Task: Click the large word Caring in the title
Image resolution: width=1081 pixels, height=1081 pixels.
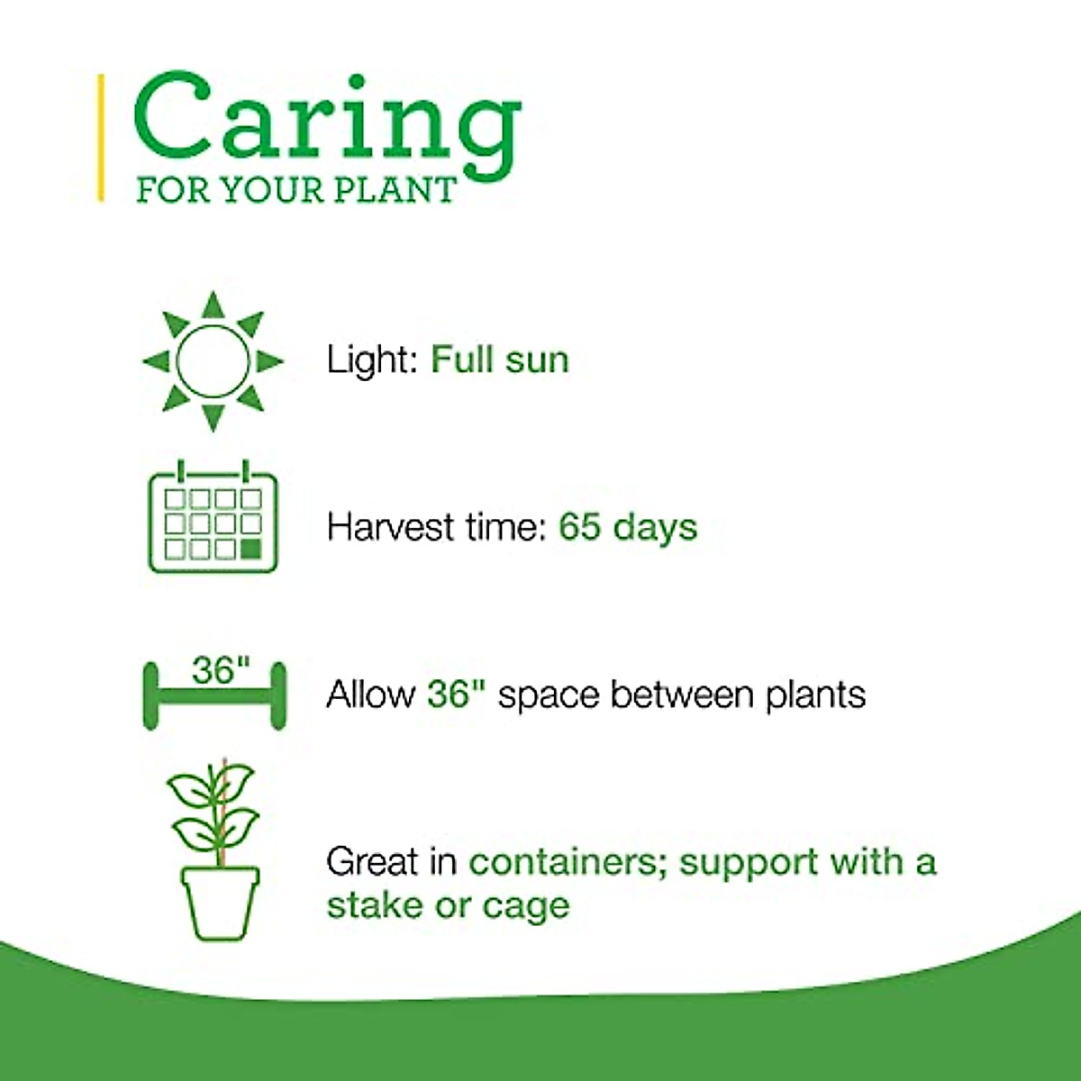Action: (x=327, y=125)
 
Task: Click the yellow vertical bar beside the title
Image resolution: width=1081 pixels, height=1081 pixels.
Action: (x=101, y=138)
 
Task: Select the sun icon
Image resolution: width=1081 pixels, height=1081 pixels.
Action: (x=213, y=361)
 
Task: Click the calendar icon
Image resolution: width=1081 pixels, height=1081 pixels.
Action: (x=213, y=516)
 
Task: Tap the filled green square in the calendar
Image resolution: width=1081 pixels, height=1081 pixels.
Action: (x=250, y=549)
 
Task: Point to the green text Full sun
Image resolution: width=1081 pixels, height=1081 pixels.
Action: (x=499, y=359)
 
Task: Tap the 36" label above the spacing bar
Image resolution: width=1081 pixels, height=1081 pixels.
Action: (x=221, y=670)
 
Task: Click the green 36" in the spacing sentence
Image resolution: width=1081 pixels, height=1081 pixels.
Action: (x=456, y=695)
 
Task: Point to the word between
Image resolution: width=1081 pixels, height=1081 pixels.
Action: (x=682, y=695)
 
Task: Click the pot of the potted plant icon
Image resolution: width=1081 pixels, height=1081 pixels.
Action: (x=221, y=903)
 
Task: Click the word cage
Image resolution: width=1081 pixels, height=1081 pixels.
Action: (x=526, y=908)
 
